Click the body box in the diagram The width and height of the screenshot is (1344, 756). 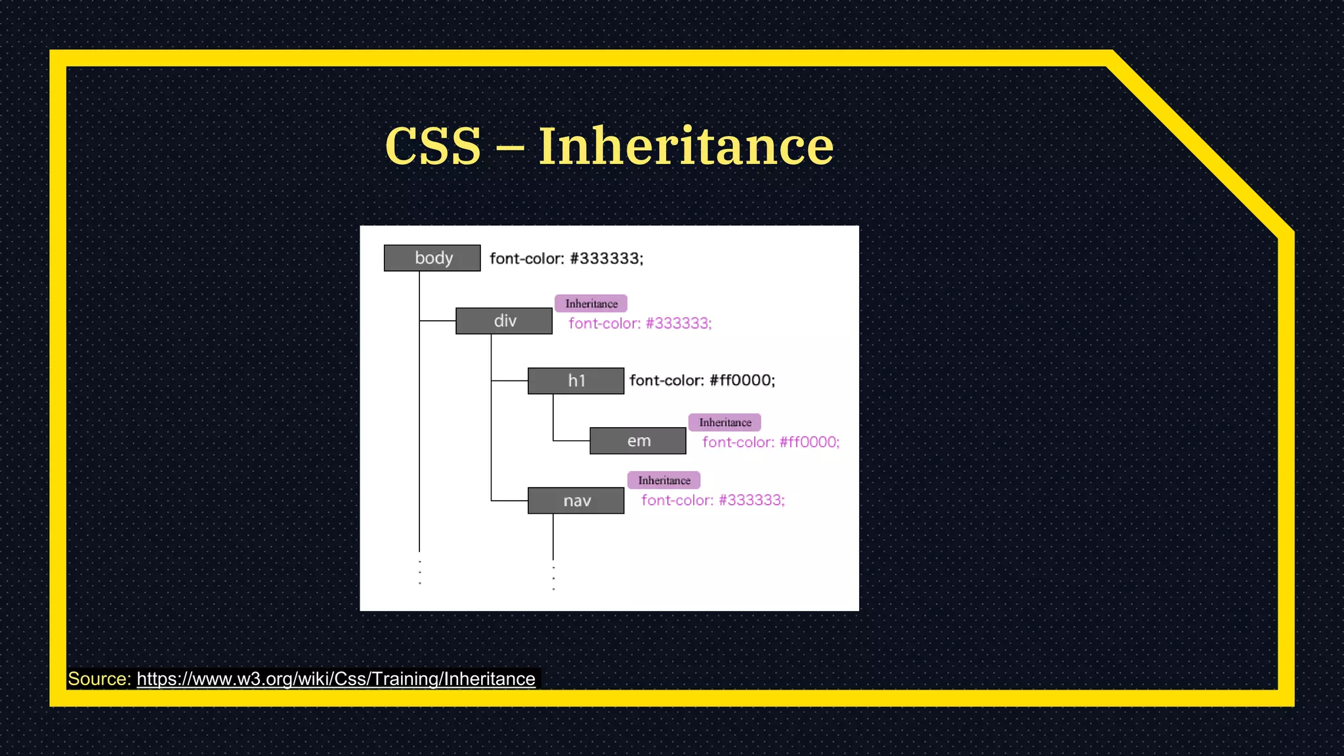tap(432, 258)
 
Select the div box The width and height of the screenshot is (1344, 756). tap(503, 321)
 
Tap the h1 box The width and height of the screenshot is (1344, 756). tap(576, 381)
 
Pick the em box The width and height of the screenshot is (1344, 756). tap(637, 441)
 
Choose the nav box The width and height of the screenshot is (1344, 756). tap(576, 501)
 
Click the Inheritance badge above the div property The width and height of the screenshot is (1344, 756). tap(591, 304)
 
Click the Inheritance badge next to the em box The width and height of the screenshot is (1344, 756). tap(724, 423)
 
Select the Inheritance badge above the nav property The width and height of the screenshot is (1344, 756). tap(663, 480)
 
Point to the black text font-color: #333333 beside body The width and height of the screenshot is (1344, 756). tap(566, 259)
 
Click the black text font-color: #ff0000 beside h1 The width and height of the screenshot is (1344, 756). tap(702, 381)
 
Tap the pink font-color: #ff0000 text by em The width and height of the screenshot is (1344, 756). tap(770, 442)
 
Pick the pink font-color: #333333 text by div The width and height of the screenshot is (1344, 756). tap(640, 324)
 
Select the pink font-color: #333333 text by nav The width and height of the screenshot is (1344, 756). tap(713, 501)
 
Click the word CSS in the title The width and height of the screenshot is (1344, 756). tap(433, 146)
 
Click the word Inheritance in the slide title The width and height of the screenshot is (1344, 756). tap(686, 146)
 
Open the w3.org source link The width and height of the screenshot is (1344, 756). tap(335, 679)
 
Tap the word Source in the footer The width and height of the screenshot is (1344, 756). tap(99, 679)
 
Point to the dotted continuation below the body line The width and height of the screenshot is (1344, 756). tap(420, 572)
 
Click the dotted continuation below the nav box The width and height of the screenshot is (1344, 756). tap(554, 578)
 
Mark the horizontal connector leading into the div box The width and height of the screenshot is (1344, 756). tap(438, 321)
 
